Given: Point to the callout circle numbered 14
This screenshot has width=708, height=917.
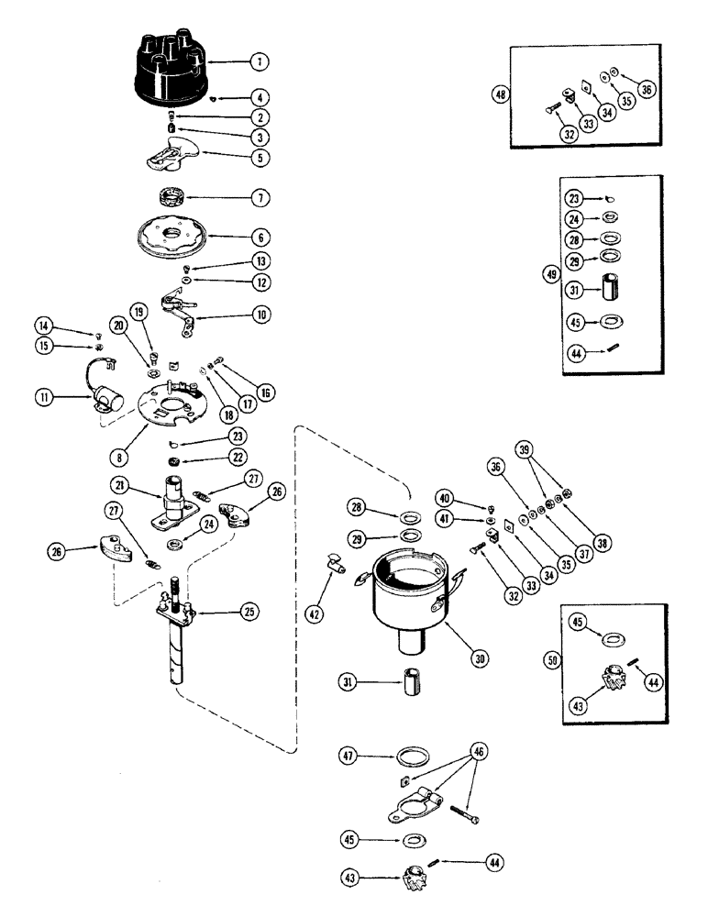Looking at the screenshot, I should [44, 325].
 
